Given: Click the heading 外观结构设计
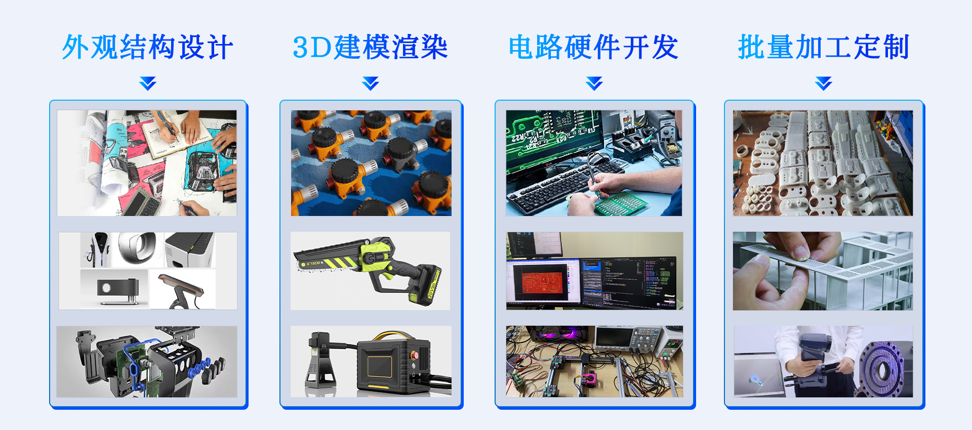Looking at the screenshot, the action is click(147, 48).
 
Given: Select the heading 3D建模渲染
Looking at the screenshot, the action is click(370, 48).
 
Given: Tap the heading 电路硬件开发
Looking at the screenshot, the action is click(593, 48).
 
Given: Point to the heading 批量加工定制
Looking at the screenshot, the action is click(824, 48).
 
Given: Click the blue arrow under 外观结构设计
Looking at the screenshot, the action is click(148, 83).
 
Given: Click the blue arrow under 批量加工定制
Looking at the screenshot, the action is click(824, 83).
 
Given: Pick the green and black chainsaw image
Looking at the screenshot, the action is click(370, 271).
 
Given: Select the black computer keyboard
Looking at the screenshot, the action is click(557, 187).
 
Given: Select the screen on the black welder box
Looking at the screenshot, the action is click(380, 366).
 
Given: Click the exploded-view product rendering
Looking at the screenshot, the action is click(147, 361).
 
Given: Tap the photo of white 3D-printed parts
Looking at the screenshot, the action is click(823, 163).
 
